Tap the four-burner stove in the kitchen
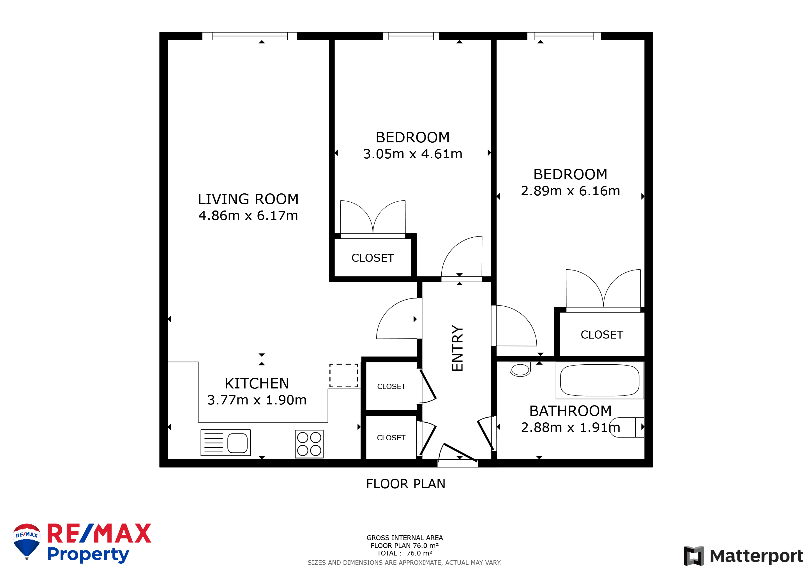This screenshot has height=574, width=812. point(309,444)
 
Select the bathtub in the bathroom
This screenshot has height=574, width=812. point(599,380)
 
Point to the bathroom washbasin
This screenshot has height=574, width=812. point(520,369)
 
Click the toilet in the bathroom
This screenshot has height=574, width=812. point(627,427)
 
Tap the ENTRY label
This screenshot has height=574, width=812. point(457,348)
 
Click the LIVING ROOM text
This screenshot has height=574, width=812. point(248,199)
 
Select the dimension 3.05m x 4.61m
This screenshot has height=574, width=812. point(413,154)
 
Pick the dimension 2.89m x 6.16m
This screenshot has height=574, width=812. point(571,191)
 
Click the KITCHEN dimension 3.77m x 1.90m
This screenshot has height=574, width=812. point(257,400)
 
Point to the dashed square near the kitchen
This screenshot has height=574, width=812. point(344,375)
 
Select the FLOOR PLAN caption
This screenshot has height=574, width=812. point(406,484)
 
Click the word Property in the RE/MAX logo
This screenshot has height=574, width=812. point(88,555)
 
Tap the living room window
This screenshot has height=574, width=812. point(249,36)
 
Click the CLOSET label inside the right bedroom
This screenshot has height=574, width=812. point(602,335)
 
